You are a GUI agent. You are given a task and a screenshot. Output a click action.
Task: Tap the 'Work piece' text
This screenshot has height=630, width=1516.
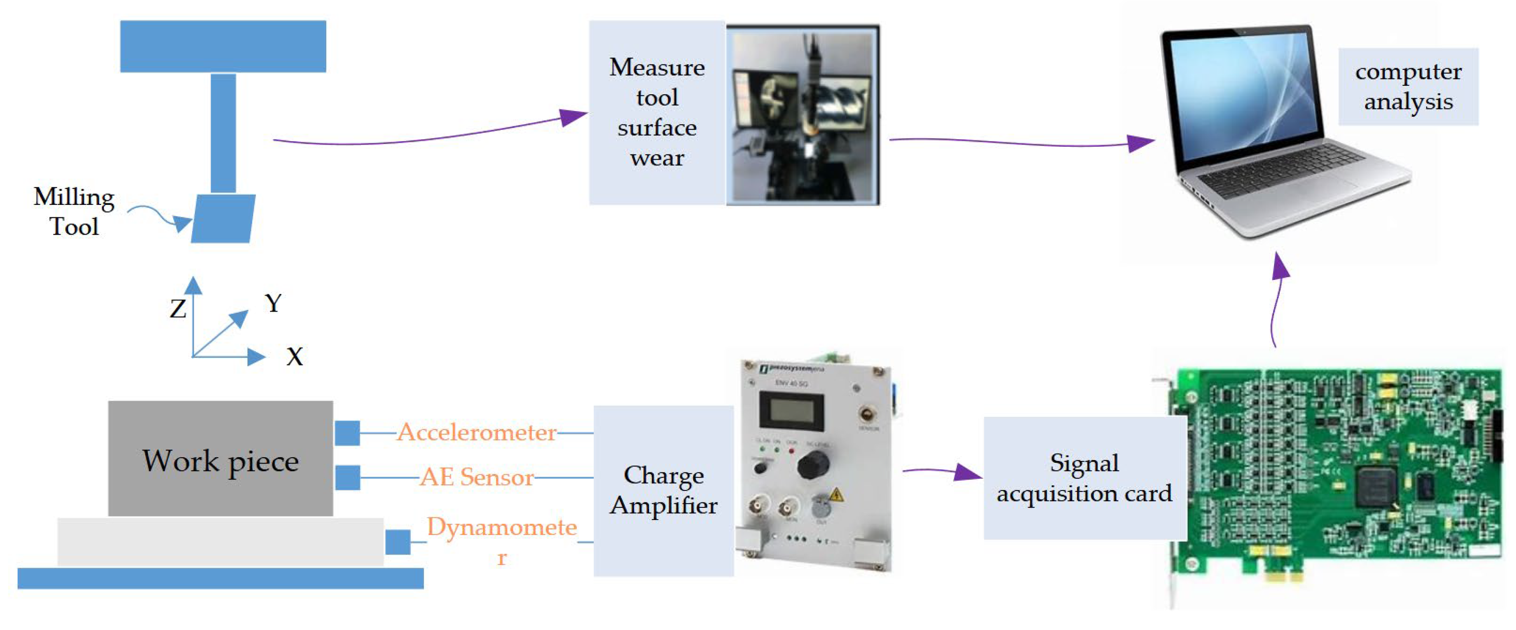(x=221, y=461)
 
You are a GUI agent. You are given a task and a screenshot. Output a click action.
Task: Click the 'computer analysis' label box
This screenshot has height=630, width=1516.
(x=1408, y=87)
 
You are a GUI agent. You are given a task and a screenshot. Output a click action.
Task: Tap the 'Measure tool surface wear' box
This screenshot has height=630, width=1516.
(x=657, y=112)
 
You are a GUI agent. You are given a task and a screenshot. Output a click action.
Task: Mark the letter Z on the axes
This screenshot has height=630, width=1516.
(x=178, y=309)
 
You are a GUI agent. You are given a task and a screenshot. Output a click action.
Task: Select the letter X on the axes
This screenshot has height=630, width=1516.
(x=294, y=357)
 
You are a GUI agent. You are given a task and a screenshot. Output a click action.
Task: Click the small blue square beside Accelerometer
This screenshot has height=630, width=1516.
(x=347, y=433)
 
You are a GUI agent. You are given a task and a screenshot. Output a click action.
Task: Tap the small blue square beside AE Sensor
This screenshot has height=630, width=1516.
(x=347, y=477)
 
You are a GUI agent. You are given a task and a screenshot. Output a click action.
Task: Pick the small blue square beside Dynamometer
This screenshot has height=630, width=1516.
(x=398, y=542)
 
